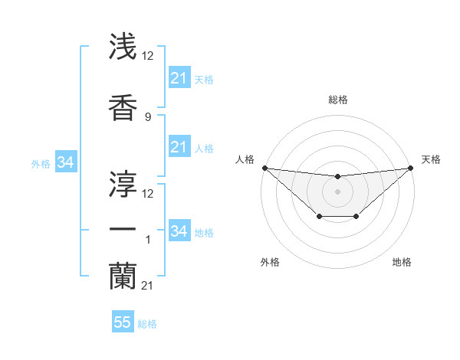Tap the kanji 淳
[123, 182]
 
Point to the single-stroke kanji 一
[123, 229]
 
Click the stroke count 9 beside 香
[147, 116]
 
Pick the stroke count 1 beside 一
[147, 241]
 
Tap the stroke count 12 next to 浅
[149, 56]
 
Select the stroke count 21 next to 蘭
[149, 286]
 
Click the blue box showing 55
[123, 322]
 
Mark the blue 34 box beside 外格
[65, 162]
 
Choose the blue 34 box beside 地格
[179, 231]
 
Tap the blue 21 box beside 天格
[179, 78]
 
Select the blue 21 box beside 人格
[179, 147]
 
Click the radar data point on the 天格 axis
[411, 168]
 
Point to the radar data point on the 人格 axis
[264, 168]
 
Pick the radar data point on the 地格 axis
[356, 218]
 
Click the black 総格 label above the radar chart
[337, 100]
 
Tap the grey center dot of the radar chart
[337, 191]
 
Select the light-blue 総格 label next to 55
[147, 324]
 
